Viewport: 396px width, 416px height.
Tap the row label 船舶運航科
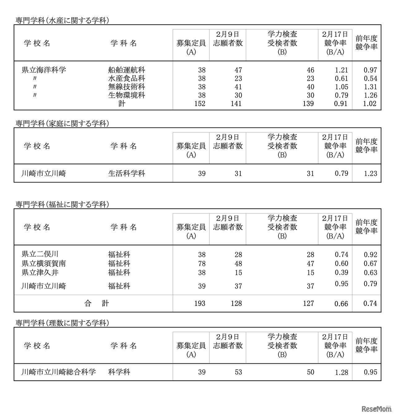pyautogui.click(x=127, y=70)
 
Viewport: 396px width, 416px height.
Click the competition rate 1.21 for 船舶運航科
pyautogui.click(x=341, y=70)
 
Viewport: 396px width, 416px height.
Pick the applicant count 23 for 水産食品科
pyautogui.click(x=238, y=79)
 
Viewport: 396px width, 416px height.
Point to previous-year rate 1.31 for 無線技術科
pyautogui.click(x=370, y=87)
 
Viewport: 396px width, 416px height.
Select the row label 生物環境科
pyautogui.click(x=127, y=95)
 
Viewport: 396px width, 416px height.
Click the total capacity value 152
pyautogui.click(x=200, y=104)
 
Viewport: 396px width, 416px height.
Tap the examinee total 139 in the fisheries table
pyautogui.click(x=308, y=104)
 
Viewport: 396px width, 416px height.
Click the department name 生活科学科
pyautogui.click(x=127, y=174)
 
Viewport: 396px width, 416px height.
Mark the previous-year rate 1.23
pyautogui.click(x=370, y=174)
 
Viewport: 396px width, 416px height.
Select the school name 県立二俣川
pyautogui.click(x=40, y=254)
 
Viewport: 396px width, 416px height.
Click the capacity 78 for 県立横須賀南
pyautogui.click(x=202, y=264)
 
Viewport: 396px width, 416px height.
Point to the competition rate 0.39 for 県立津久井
pyautogui.click(x=341, y=272)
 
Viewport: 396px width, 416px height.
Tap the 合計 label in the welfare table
pyautogui.click(x=97, y=303)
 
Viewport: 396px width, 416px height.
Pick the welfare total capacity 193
pyautogui.click(x=200, y=303)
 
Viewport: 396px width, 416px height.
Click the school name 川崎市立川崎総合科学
pyautogui.click(x=59, y=372)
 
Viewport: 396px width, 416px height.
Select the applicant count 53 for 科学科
pyautogui.click(x=238, y=372)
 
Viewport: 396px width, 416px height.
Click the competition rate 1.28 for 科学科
pyautogui.click(x=341, y=372)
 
